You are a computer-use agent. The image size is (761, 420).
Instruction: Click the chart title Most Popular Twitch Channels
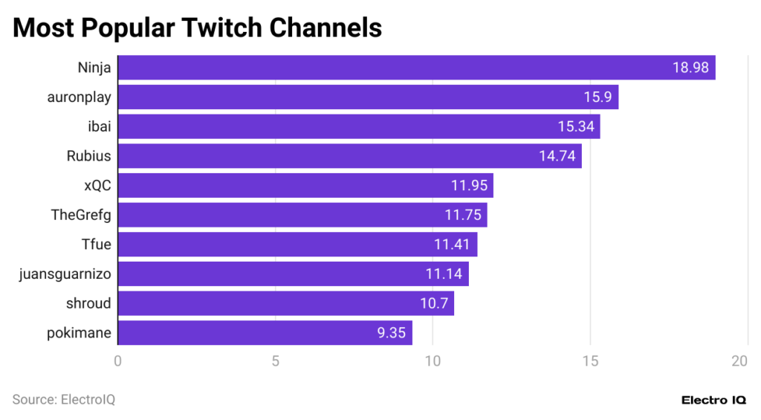(x=197, y=28)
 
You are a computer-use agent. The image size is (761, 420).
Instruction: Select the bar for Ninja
(x=416, y=68)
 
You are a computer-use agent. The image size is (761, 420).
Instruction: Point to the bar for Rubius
(x=349, y=156)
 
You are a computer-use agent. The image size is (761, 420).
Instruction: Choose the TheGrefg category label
(x=81, y=215)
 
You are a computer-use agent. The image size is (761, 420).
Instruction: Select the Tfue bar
(x=297, y=245)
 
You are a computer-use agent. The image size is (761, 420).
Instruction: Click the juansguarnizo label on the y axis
(x=65, y=274)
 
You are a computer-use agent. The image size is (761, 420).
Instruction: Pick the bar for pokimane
(x=265, y=333)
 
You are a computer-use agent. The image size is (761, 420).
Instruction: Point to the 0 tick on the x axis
(x=118, y=361)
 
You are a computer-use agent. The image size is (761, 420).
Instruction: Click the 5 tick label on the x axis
(x=275, y=361)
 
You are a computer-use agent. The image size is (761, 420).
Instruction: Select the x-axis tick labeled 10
(x=433, y=361)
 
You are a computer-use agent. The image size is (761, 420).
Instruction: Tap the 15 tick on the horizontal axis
(x=590, y=361)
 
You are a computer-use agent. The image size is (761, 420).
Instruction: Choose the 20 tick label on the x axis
(x=739, y=361)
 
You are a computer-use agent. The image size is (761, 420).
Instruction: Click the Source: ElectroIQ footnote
(x=64, y=400)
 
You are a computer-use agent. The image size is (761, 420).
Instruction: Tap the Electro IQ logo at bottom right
(x=713, y=400)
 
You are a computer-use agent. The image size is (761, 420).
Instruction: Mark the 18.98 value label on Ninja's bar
(x=691, y=68)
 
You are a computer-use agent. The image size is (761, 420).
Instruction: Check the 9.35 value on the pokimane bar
(x=391, y=333)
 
